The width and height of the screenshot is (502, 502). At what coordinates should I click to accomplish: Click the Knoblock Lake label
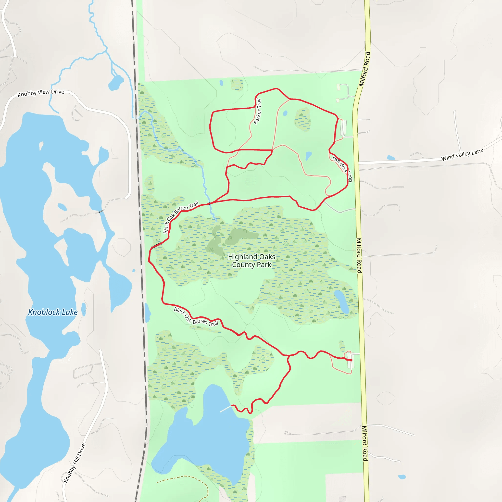[x=53, y=312]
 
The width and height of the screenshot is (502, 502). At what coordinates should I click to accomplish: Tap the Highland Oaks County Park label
[x=251, y=261]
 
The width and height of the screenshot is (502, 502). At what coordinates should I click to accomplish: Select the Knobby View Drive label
[x=41, y=93]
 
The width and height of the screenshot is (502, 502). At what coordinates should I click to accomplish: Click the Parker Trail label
[x=257, y=112]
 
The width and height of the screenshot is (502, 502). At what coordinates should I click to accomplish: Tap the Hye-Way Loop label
[x=342, y=168]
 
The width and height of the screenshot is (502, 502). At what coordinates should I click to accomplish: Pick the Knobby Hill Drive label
[x=75, y=463]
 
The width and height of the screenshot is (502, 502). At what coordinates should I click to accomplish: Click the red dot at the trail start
[x=351, y=360]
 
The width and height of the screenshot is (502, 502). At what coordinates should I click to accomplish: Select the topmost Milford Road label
[x=364, y=69]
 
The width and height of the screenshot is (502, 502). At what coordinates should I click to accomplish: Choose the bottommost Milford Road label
[x=365, y=443]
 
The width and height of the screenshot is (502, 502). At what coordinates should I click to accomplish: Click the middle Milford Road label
[x=359, y=255]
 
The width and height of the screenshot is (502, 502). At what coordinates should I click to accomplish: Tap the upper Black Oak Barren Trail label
[x=180, y=217]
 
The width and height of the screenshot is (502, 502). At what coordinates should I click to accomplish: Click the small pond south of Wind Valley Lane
[x=391, y=157]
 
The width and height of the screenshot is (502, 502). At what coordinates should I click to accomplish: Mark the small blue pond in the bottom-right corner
[x=402, y=477]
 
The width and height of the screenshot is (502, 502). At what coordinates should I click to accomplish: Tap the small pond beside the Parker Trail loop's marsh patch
[x=285, y=113]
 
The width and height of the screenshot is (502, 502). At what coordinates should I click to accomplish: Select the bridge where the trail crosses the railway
[x=156, y=245]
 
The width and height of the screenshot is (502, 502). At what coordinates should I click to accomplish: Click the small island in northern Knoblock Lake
[x=41, y=146]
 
